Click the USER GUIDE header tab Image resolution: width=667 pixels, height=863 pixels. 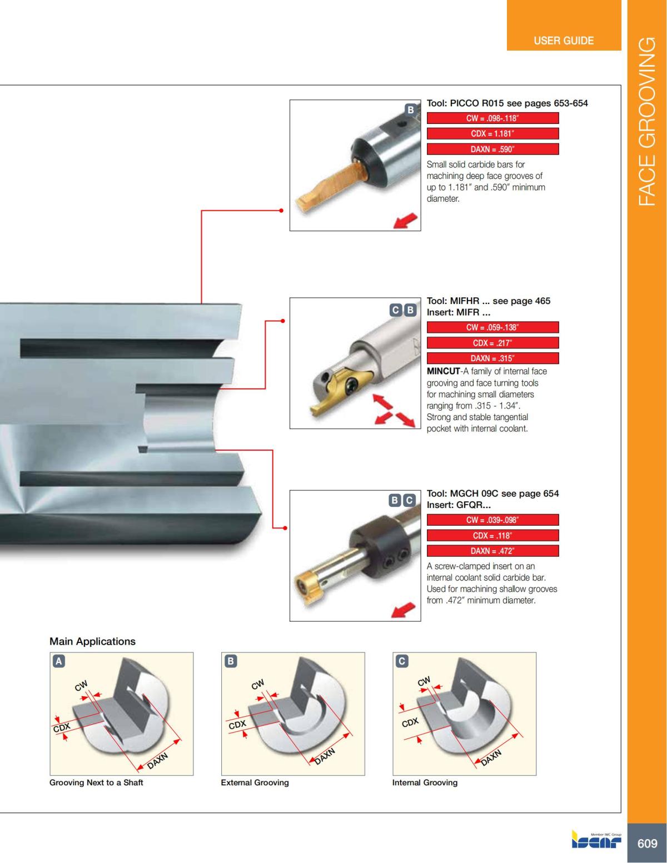pyautogui.click(x=563, y=41)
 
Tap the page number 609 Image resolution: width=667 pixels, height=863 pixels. pyautogui.click(x=647, y=844)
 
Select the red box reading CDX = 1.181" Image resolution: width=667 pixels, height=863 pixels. pyautogui.click(x=492, y=134)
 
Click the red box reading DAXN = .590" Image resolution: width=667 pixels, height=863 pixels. pyautogui.click(x=492, y=149)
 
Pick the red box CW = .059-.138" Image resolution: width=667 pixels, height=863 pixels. pyautogui.click(x=492, y=327)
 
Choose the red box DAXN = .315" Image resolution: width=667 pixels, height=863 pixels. pyautogui.click(x=492, y=358)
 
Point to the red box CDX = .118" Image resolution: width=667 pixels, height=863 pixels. pyautogui.click(x=492, y=536)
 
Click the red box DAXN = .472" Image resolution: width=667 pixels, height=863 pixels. pyautogui.click(x=492, y=551)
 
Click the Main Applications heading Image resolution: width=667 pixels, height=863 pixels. pyautogui.click(x=92, y=641)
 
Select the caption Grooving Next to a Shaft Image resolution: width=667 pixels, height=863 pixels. pyautogui.click(x=96, y=782)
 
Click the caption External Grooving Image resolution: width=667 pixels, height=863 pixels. pyautogui.click(x=255, y=782)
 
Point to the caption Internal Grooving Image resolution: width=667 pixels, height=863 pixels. pyautogui.click(x=425, y=782)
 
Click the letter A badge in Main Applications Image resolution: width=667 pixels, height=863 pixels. pyautogui.click(x=58, y=661)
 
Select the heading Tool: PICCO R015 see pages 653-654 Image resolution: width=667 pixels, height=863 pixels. pyautogui.click(x=507, y=103)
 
